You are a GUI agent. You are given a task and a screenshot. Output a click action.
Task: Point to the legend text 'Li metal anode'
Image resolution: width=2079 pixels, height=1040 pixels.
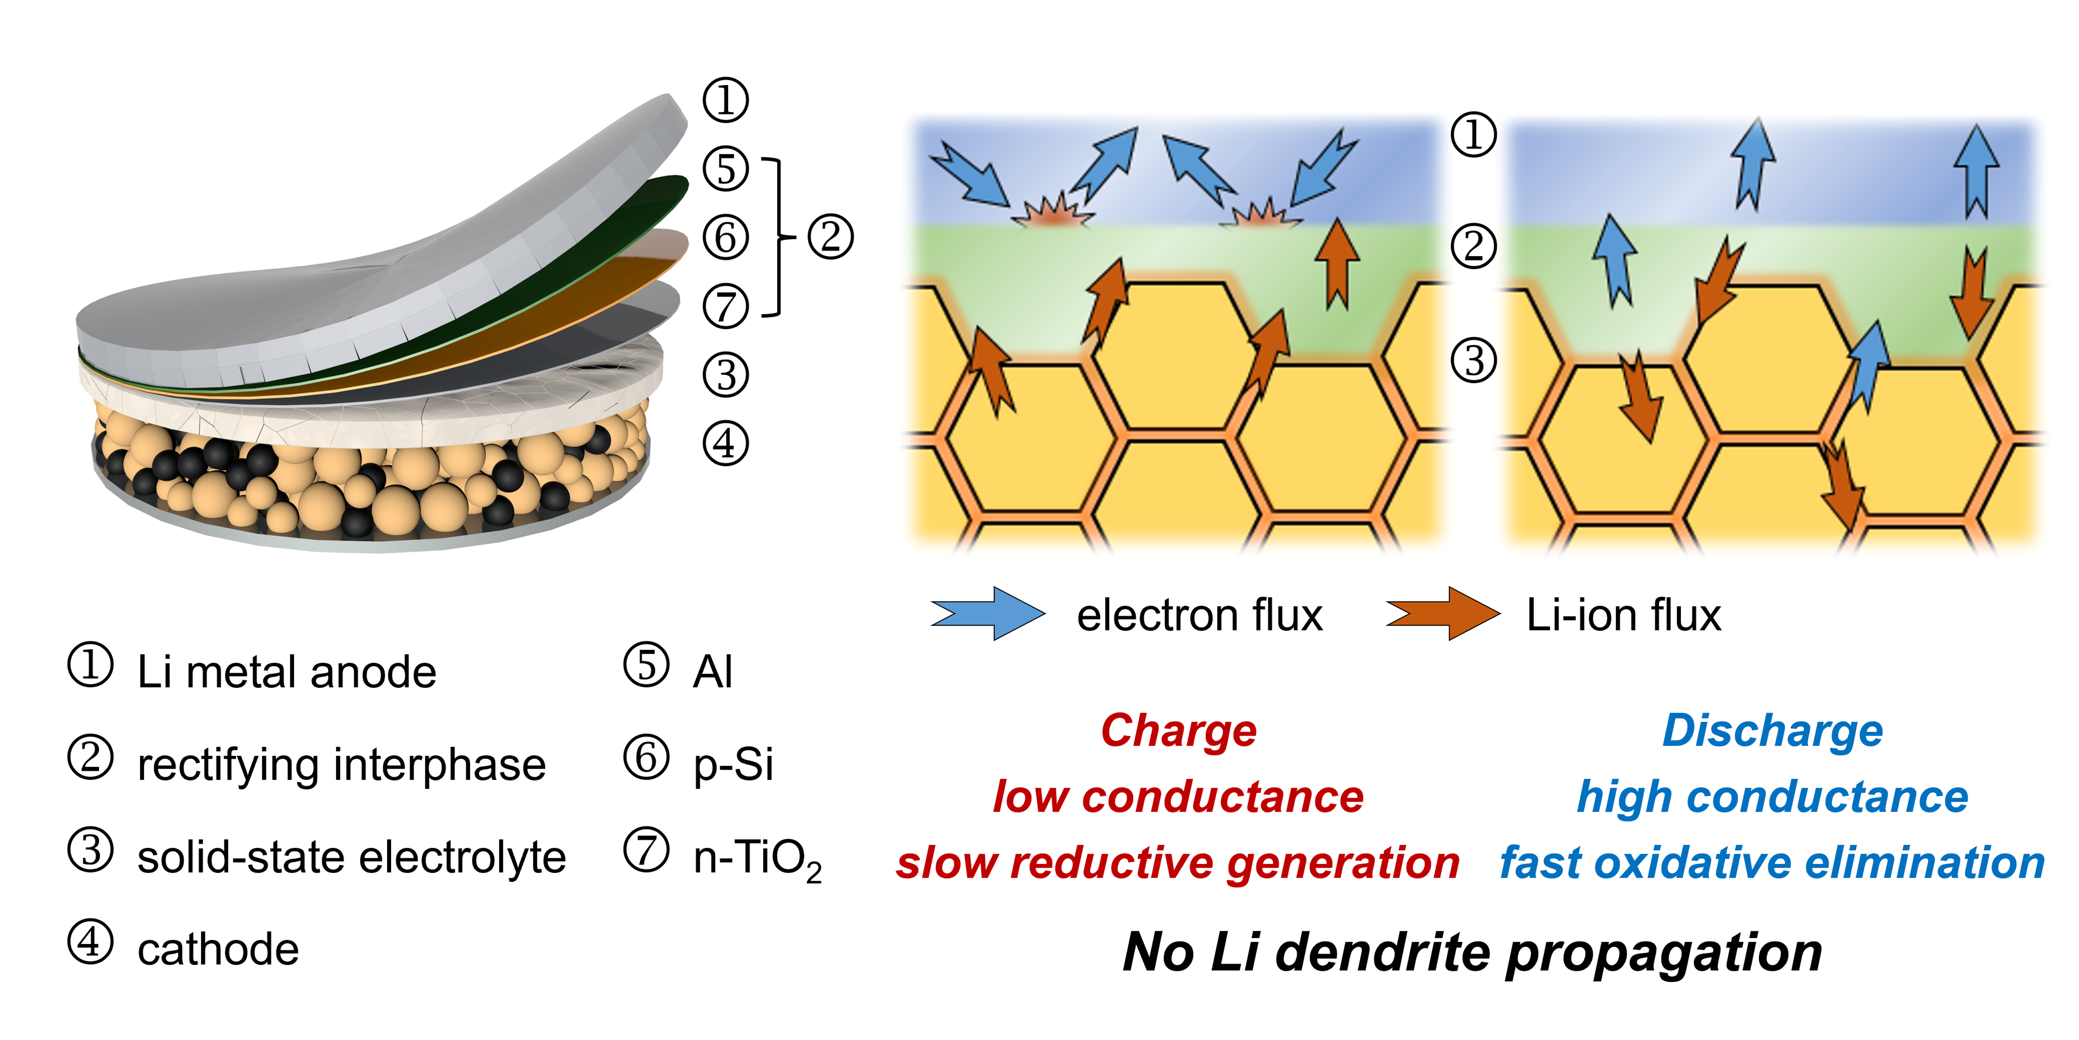pos(286,672)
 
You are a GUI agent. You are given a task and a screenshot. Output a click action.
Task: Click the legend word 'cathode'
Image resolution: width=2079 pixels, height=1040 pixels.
pos(218,949)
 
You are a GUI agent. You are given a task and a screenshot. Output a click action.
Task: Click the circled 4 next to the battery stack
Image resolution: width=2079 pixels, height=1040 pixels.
pos(725,443)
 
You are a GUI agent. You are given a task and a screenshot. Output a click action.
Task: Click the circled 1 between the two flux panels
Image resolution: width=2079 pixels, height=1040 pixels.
pos(1474,134)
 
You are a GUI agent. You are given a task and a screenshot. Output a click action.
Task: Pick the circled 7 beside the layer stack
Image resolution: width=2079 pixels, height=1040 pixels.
pos(725,307)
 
